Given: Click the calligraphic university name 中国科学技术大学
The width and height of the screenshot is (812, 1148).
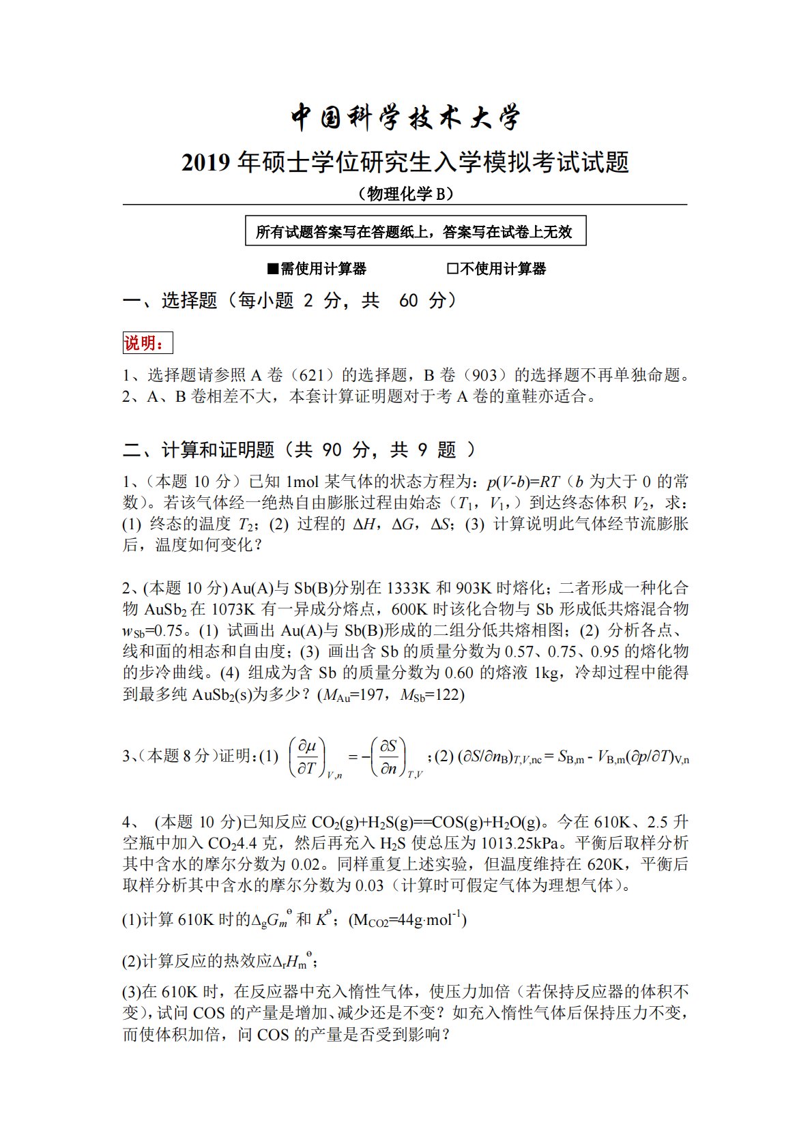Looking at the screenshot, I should click(x=405, y=117).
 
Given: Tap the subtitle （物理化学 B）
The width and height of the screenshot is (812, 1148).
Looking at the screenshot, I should click(x=405, y=194).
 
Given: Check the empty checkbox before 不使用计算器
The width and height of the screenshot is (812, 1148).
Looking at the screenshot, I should click(x=452, y=269).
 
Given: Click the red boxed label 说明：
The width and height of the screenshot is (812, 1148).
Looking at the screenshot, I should click(x=147, y=343).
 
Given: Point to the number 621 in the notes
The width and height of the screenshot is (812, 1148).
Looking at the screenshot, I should click(x=311, y=375).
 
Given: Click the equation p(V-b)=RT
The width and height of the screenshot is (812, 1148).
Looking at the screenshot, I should click(x=523, y=482).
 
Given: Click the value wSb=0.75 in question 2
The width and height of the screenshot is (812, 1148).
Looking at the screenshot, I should click(x=153, y=631).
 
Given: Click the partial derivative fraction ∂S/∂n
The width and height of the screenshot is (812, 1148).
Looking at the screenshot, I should click(x=389, y=756).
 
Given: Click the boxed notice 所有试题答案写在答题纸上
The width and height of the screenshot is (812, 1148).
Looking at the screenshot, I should click(x=415, y=232).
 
